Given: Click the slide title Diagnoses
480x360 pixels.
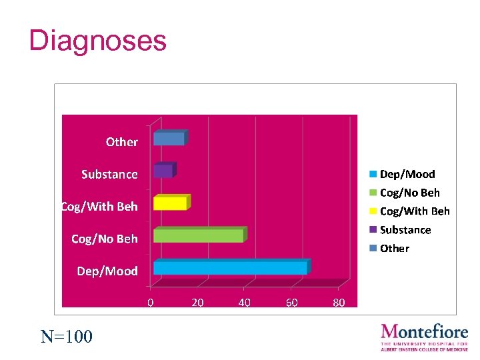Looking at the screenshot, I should [97, 41].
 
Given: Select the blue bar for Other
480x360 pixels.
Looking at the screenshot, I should [169, 139].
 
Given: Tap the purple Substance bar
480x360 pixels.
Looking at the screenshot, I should [163, 171].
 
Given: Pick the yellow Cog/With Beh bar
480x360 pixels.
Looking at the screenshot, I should [171, 203].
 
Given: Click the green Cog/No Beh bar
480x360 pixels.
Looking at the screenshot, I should [199, 235].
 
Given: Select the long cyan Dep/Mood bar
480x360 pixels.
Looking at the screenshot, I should [231, 268].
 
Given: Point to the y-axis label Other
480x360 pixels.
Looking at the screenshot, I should [121, 142].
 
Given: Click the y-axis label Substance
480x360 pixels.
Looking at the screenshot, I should [109, 175].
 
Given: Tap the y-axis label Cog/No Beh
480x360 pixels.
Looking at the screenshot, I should [105, 239].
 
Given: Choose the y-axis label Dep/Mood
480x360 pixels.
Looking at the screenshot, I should [107, 271].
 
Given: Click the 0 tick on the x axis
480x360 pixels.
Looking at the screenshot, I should [151, 303].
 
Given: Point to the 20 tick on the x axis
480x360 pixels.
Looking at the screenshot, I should [197, 303].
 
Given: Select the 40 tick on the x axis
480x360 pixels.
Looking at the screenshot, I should [245, 303].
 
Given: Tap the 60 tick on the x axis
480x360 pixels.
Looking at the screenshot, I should [291, 303].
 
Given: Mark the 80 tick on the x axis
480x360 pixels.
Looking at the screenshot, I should [339, 303].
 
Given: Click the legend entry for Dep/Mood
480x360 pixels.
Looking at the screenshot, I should [407, 175].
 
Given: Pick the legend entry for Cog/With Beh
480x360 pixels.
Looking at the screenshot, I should [414, 211].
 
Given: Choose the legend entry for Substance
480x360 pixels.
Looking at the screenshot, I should [405, 230].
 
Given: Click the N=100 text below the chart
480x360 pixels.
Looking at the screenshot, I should [67, 336].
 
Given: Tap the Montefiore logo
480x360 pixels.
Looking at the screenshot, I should [424, 337].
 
